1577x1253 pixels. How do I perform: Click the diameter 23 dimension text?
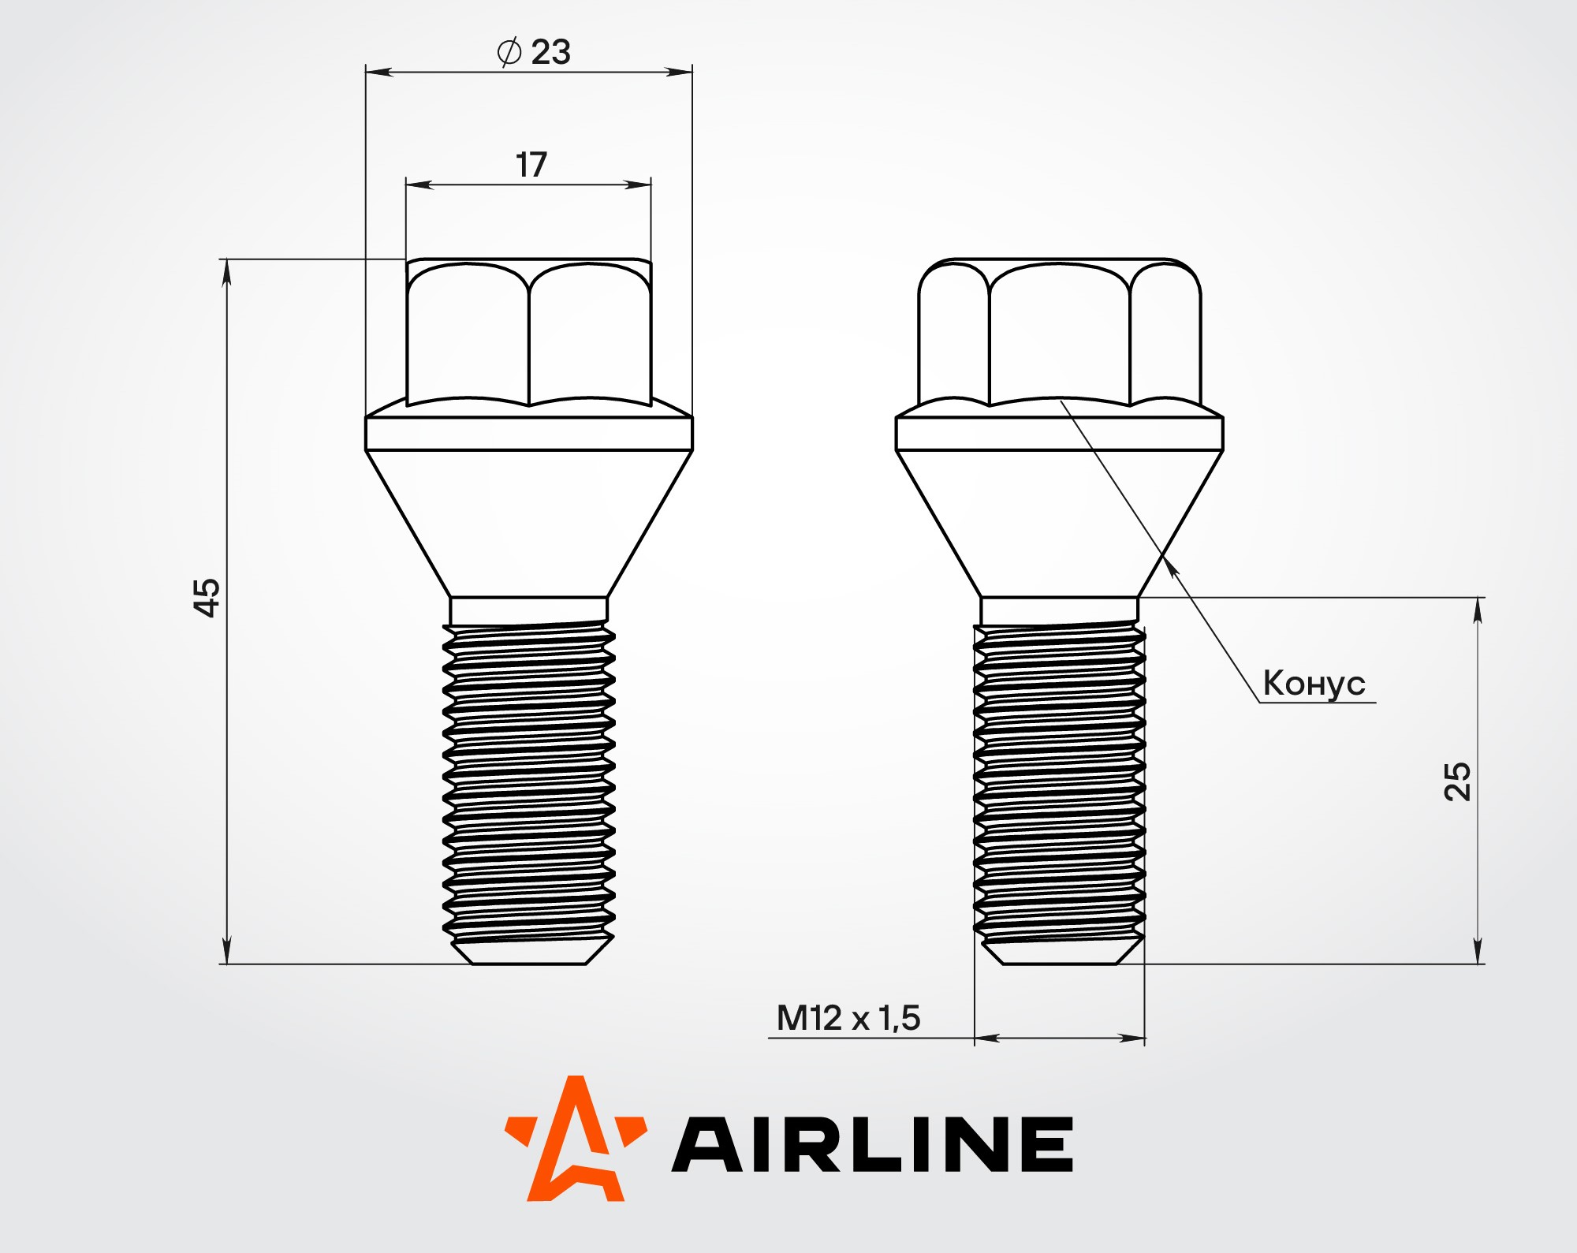534,52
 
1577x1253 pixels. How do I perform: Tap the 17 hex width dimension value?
531,165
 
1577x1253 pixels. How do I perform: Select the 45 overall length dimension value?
207,598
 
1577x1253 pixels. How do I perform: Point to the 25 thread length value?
1457,781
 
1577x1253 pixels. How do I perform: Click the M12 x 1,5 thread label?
848,1018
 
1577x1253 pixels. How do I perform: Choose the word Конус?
1314,684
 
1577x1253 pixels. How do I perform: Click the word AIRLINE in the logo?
872,1143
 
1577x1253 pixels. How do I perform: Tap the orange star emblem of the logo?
576,1139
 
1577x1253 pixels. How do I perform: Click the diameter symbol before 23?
509,52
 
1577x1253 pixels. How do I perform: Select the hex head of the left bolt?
529,332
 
